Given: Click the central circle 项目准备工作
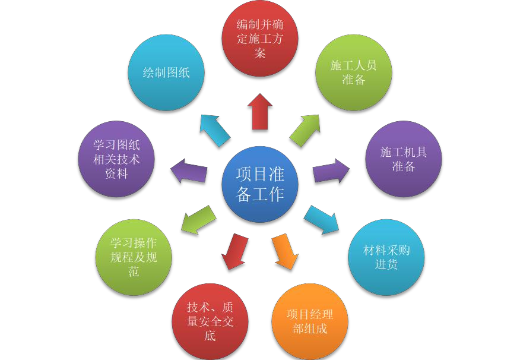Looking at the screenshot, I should click(x=260, y=184).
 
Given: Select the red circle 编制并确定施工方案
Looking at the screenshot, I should click(x=260, y=39).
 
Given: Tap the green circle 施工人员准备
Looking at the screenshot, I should click(x=354, y=72).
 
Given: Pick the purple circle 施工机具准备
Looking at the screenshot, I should click(x=404, y=159).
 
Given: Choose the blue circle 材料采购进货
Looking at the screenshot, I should click(x=386, y=257).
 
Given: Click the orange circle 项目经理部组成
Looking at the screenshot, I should click(x=310, y=321).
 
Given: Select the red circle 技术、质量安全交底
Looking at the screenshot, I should click(x=210, y=321).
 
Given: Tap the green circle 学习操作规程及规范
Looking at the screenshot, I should click(x=134, y=257).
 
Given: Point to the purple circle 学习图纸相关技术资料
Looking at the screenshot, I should click(x=116, y=159).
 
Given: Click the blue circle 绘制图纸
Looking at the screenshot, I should click(x=166, y=72).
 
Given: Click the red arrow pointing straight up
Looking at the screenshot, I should click(x=260, y=111).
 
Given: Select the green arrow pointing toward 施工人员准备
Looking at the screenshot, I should click(x=306, y=130).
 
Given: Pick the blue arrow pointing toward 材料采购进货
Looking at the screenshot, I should click(x=321, y=219).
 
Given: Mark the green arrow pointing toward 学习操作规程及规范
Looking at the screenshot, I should click(x=198, y=219).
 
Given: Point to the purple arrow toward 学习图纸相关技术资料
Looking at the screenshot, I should click(x=189, y=171).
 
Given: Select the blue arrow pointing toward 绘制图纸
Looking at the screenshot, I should click(x=214, y=130).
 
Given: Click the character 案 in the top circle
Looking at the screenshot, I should click(x=260, y=53).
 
